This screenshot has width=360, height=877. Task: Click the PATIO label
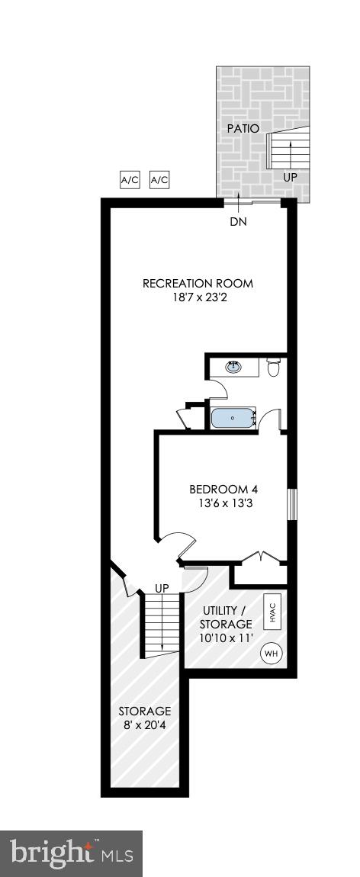point(243,129)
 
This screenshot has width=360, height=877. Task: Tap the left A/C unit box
point(130,180)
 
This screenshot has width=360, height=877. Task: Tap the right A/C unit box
point(159,180)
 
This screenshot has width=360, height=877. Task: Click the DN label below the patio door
point(239,222)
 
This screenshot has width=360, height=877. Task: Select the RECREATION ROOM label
point(198,284)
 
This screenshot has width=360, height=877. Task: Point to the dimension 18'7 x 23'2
point(198,298)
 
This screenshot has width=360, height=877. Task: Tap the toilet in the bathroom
point(275,369)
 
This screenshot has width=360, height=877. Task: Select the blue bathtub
point(233,418)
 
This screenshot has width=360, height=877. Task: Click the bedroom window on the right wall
point(291,505)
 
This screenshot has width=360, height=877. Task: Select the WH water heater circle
point(271,654)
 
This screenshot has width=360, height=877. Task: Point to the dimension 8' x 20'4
point(144,725)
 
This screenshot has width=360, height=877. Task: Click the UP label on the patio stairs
point(290,177)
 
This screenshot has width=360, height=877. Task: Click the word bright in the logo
point(48,852)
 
